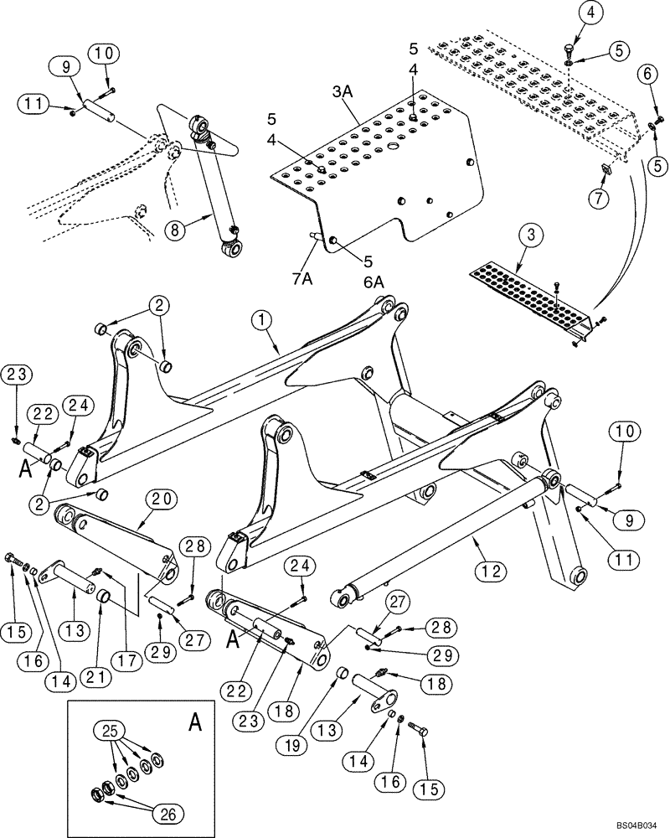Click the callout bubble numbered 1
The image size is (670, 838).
tap(261, 318)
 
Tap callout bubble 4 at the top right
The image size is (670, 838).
tap(569, 13)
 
